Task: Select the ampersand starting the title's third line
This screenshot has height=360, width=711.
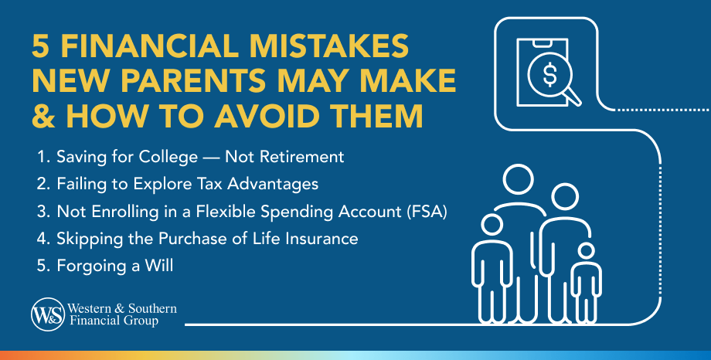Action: click(43, 116)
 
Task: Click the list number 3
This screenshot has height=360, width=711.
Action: click(41, 211)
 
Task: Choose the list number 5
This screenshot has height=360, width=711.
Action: click(41, 266)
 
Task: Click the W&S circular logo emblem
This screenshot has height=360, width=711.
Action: click(44, 314)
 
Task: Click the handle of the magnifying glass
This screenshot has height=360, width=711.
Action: click(573, 97)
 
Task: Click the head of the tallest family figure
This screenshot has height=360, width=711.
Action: click(517, 179)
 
